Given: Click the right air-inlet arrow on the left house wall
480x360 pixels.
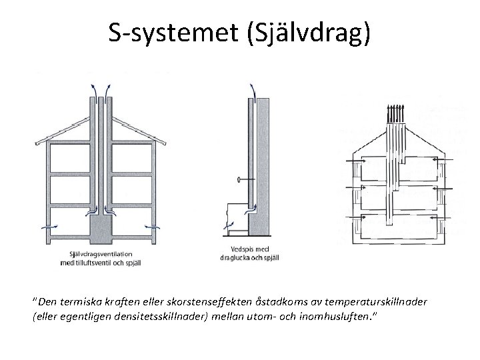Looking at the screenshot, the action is coord(153,226).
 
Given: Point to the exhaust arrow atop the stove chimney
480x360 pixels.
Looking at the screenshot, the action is coord(252,89).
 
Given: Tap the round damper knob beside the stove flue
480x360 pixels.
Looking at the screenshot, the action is coord(239,180).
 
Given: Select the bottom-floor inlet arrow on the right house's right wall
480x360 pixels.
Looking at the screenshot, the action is coord(435,217).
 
